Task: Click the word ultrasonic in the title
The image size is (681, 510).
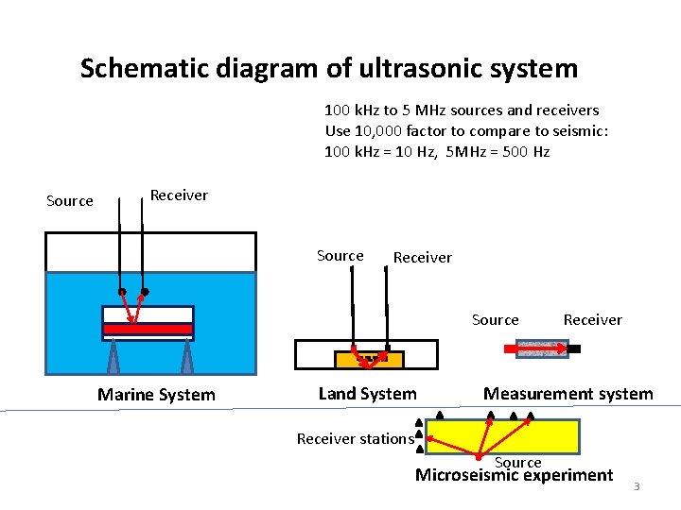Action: [x=421, y=69]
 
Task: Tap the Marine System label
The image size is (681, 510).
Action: [x=156, y=395]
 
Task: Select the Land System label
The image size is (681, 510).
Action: [x=367, y=394]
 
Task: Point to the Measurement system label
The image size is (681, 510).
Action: [x=567, y=394]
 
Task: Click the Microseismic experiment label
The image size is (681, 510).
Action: [x=514, y=475]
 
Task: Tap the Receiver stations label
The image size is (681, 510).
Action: [x=355, y=438]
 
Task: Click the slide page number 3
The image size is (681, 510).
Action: [x=637, y=486]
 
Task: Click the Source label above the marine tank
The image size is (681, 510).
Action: [x=70, y=200]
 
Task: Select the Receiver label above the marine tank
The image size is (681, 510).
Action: [x=179, y=195]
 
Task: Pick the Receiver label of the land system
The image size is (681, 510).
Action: [x=422, y=258]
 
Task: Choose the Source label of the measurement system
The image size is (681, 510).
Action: [x=495, y=320]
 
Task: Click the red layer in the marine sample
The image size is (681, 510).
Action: [x=148, y=329]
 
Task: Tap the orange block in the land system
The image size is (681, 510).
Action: [x=369, y=360]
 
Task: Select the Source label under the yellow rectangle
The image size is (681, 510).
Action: [x=517, y=462]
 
